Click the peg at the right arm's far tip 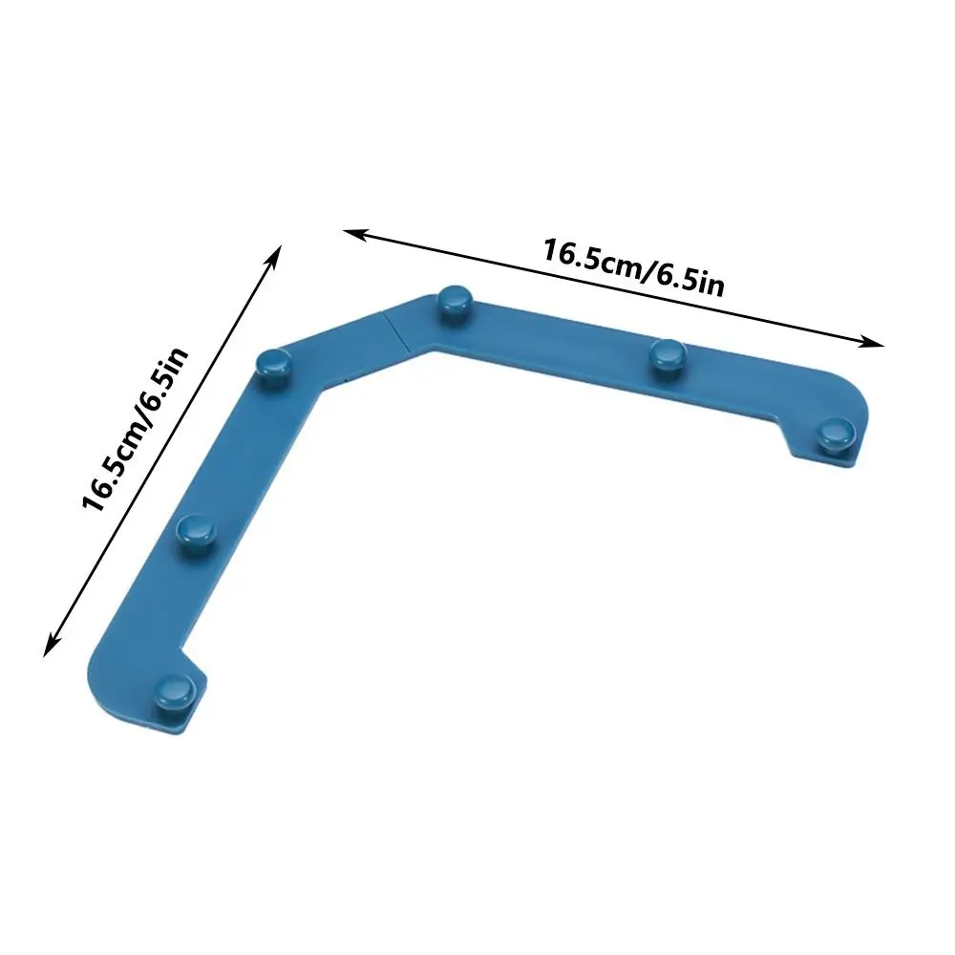838,432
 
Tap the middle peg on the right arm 666,354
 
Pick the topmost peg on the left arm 275,363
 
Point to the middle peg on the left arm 197,528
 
